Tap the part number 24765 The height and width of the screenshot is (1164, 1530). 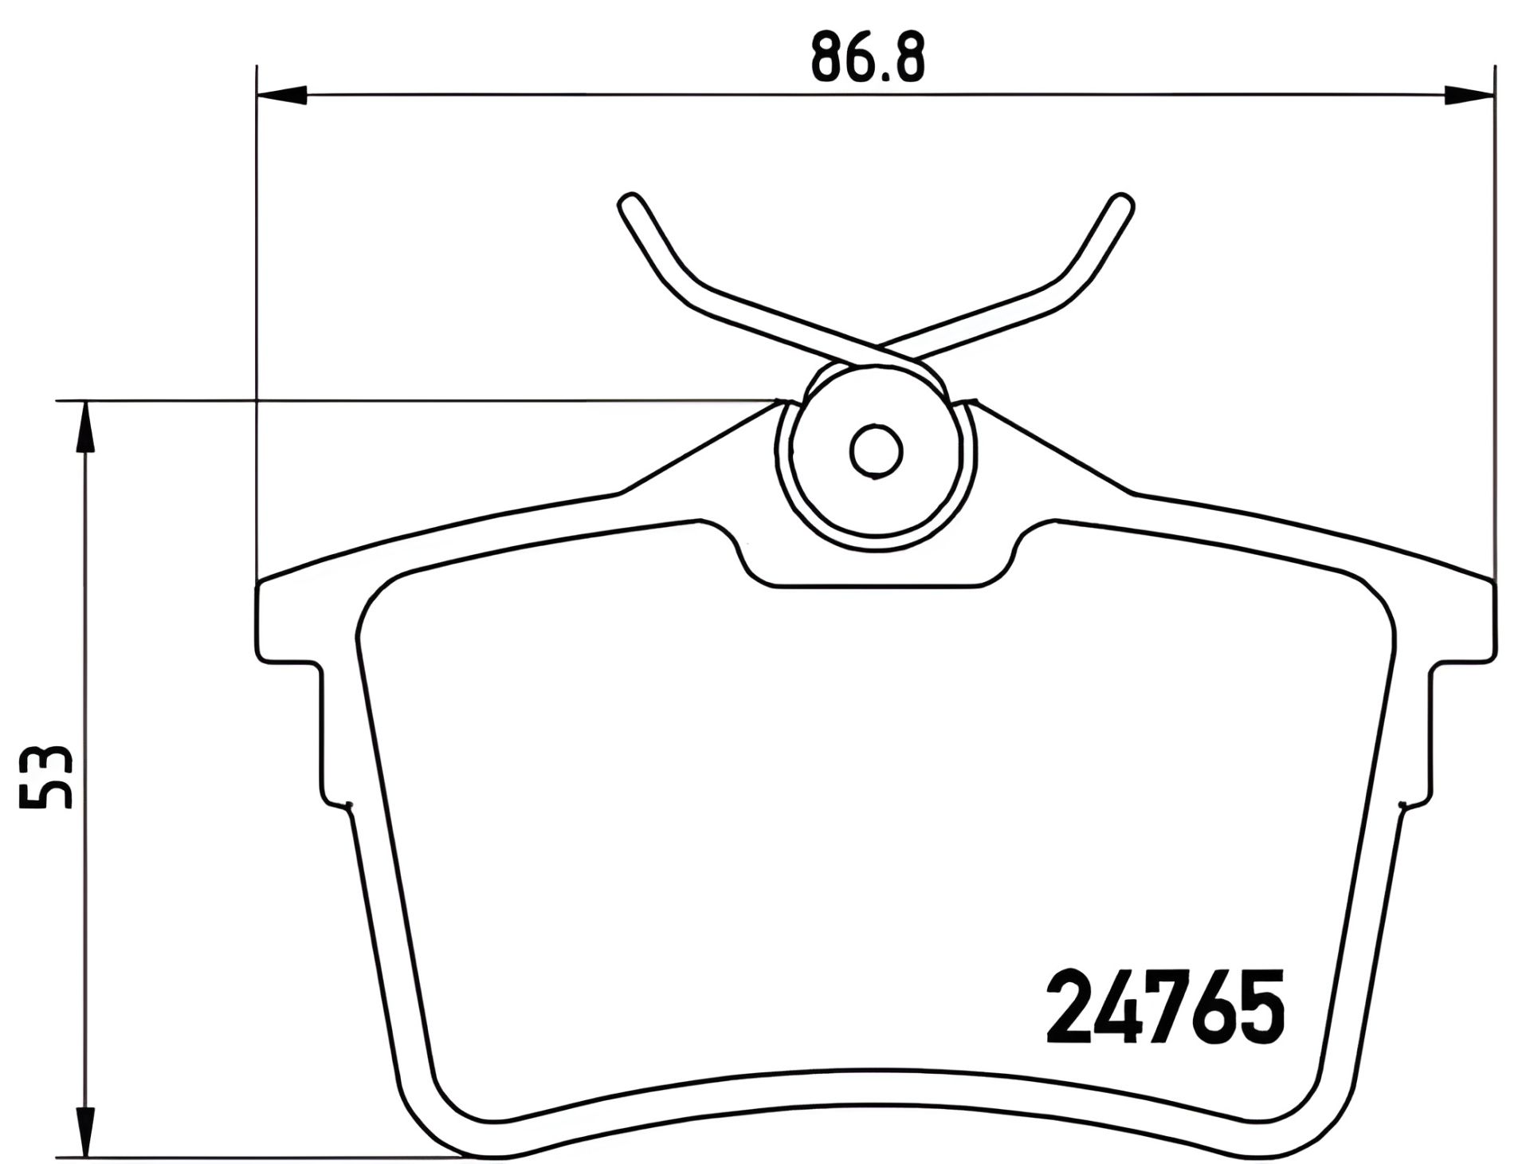(x=1165, y=1008)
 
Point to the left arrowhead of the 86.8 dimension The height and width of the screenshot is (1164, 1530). (x=282, y=95)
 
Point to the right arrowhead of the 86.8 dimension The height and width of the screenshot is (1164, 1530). (x=1469, y=95)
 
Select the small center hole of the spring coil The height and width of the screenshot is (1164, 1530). (x=876, y=452)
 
